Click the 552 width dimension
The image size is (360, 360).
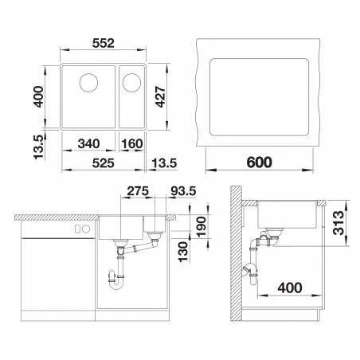(104, 43)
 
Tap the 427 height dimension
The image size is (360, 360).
(161, 96)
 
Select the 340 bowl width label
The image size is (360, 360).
(88, 144)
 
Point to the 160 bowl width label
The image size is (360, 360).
(132, 144)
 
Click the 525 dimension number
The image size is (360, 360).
(104, 163)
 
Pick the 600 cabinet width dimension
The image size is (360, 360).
(259, 162)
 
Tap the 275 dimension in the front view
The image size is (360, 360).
(138, 191)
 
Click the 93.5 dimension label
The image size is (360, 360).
(183, 191)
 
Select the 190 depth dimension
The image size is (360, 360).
(202, 227)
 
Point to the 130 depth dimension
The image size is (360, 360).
(183, 252)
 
